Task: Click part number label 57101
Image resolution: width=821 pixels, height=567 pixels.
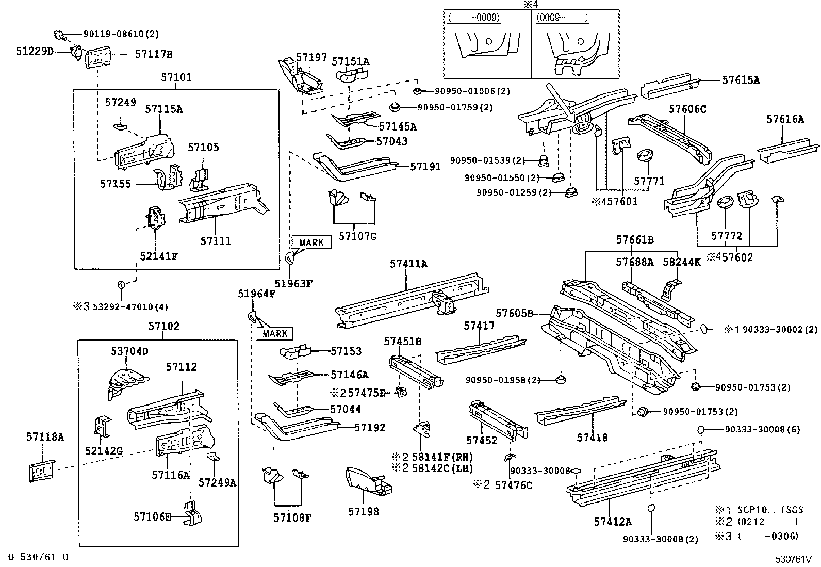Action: click(176, 77)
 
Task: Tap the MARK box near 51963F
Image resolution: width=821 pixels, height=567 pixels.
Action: click(311, 242)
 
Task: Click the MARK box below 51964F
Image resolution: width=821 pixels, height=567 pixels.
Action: click(274, 333)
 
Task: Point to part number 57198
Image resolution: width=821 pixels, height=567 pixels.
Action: click(363, 511)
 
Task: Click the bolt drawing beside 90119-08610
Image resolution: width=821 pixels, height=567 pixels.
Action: click(60, 35)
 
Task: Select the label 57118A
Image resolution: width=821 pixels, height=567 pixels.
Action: click(45, 437)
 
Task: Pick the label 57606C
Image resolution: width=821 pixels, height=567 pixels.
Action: click(687, 109)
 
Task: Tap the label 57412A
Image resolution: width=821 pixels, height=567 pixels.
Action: click(612, 521)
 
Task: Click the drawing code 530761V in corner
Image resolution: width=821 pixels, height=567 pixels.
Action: click(793, 559)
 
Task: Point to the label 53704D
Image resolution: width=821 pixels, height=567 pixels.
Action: click(129, 351)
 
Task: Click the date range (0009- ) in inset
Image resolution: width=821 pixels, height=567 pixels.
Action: click(562, 18)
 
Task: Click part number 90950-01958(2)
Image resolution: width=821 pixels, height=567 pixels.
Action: click(503, 380)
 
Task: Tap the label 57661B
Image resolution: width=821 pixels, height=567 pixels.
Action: click(635, 239)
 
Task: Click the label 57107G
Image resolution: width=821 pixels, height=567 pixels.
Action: click(357, 236)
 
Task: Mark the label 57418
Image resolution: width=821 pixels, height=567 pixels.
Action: click(592, 438)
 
